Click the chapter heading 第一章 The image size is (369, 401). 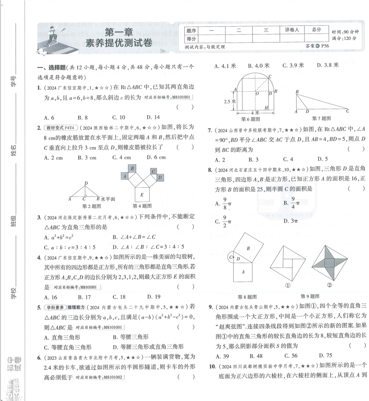click(118, 32)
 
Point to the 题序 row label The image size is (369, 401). click(191, 30)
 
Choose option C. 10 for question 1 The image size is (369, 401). click(119, 117)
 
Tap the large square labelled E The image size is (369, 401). click(143, 195)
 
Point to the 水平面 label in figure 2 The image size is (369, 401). click(108, 199)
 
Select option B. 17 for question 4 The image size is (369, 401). click(84, 297)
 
